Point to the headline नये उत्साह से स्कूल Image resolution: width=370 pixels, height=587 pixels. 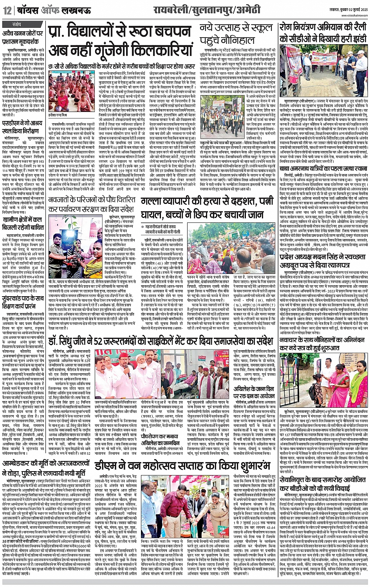(236, 28)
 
